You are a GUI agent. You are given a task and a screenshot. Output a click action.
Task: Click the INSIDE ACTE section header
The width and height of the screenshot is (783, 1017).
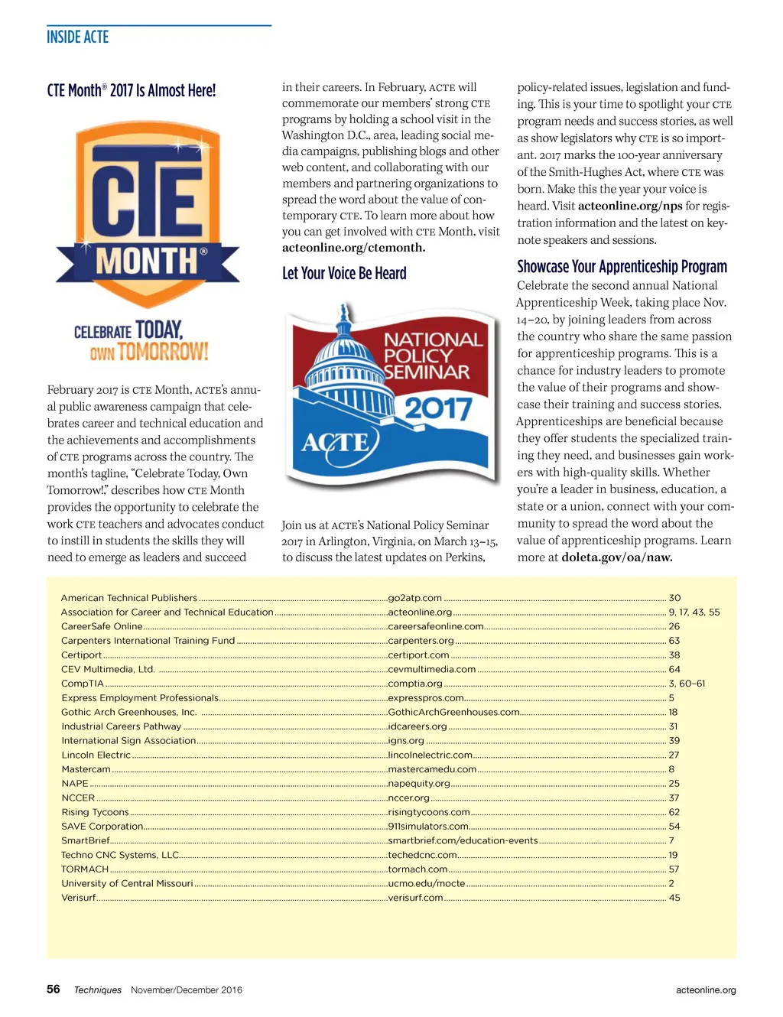click(x=77, y=37)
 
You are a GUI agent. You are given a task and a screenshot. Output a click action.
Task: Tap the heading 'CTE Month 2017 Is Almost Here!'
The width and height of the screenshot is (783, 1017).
click(x=131, y=90)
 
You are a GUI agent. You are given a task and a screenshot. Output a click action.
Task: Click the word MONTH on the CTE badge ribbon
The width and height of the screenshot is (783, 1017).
click(x=147, y=262)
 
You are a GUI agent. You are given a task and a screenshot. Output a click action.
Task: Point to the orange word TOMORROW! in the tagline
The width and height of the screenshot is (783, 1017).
click(x=162, y=352)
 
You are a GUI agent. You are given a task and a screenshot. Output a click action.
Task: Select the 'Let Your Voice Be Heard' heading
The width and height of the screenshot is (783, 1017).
click(x=344, y=273)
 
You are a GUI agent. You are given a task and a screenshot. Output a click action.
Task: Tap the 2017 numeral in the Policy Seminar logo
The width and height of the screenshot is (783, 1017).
click(x=437, y=408)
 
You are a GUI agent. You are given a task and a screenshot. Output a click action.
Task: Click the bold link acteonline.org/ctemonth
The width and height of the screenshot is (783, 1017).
click(x=353, y=248)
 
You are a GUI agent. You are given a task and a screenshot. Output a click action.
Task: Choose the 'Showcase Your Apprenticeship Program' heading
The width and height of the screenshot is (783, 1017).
click(x=622, y=266)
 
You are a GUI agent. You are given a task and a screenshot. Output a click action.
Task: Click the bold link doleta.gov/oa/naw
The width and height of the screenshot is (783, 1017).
click(x=617, y=557)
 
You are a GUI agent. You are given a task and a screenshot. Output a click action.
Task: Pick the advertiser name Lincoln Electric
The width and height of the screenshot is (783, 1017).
click(x=96, y=755)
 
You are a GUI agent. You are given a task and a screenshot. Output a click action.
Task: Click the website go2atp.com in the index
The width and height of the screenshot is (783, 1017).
click(x=414, y=598)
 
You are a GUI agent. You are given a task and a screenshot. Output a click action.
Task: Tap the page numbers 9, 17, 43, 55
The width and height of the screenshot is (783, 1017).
click(x=694, y=612)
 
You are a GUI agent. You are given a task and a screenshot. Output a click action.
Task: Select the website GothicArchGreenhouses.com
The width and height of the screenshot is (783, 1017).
click(x=453, y=712)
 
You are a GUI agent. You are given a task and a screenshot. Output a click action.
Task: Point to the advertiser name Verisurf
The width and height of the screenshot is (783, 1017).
click(x=78, y=898)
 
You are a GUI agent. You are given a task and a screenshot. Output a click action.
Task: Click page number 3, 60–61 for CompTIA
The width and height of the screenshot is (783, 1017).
click(x=687, y=684)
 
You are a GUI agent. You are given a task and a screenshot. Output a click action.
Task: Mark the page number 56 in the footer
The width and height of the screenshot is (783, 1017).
click(x=53, y=989)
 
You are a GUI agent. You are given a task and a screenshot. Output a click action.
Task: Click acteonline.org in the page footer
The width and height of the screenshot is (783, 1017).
click(x=706, y=990)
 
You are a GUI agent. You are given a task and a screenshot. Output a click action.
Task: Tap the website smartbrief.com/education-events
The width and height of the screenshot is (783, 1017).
click(x=463, y=840)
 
